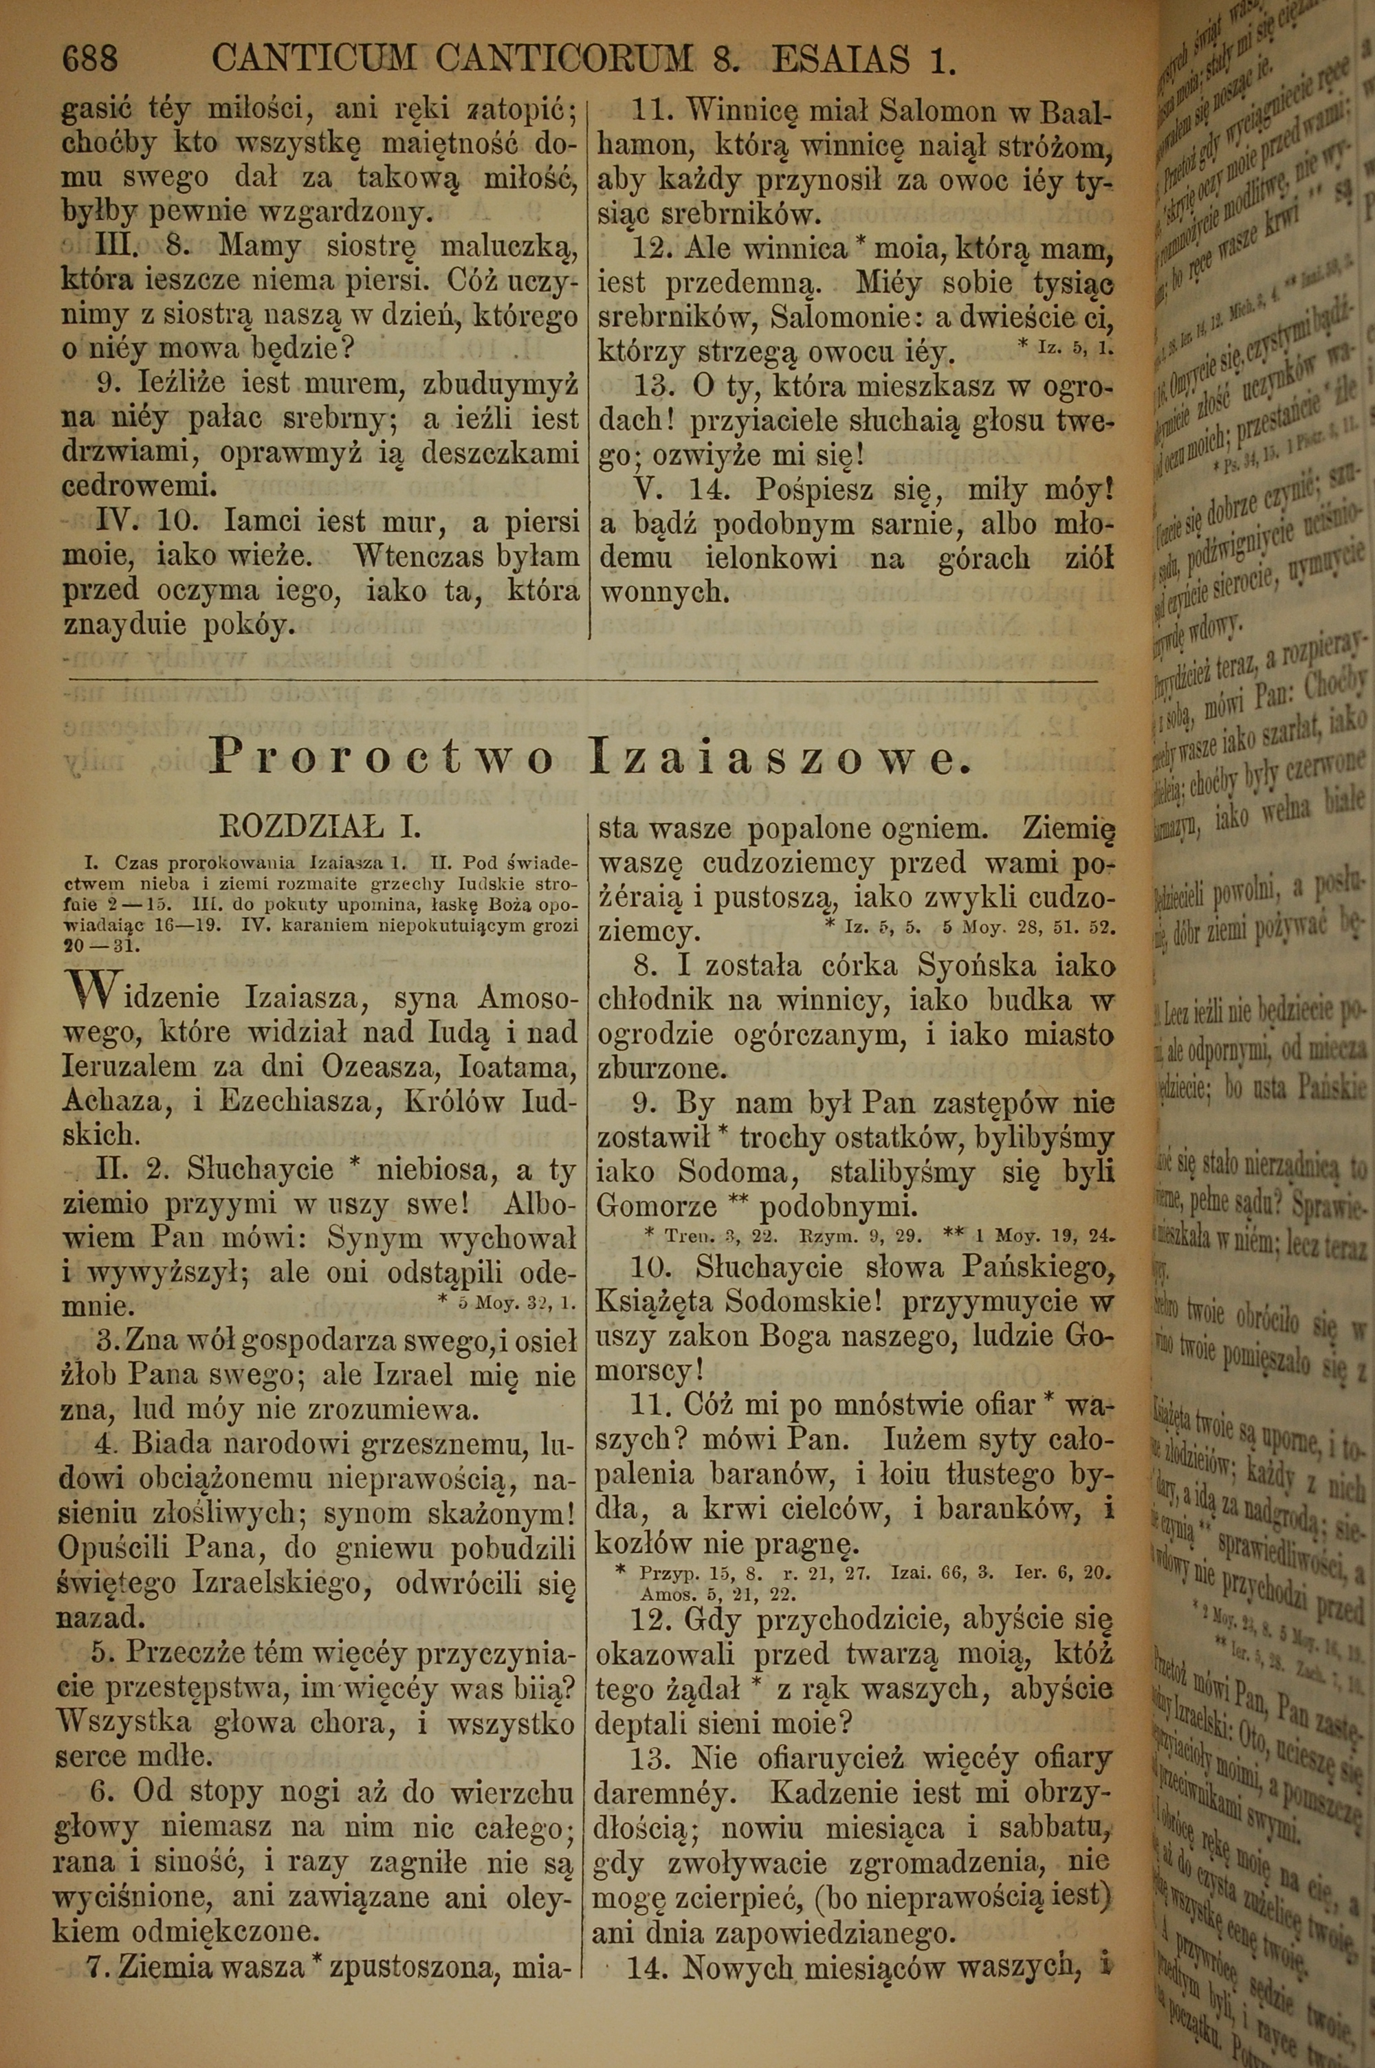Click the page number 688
click(89, 60)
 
